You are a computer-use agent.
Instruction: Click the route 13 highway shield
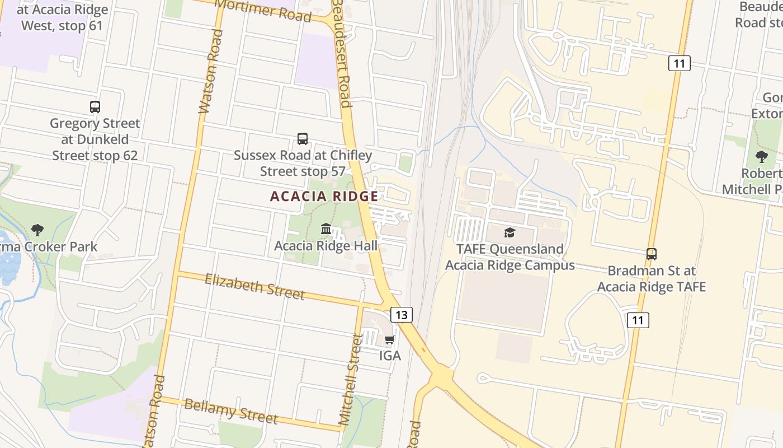(x=402, y=315)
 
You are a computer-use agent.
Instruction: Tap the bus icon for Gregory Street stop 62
(x=95, y=106)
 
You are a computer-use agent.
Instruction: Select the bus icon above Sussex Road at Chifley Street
(x=303, y=138)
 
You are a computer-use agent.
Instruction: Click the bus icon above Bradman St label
(x=652, y=254)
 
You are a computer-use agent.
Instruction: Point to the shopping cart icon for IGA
(x=390, y=339)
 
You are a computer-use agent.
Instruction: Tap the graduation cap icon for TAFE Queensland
(x=510, y=232)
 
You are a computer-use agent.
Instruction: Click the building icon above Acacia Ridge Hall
(x=326, y=228)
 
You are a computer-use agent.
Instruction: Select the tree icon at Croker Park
(x=37, y=229)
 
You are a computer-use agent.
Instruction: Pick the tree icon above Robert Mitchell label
(x=761, y=156)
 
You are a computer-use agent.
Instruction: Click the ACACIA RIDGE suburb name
(x=324, y=197)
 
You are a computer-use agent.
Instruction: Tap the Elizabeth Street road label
(x=255, y=286)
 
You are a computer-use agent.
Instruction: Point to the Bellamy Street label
(x=230, y=411)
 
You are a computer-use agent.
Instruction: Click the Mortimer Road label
(x=263, y=11)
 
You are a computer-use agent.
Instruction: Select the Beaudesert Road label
(x=342, y=53)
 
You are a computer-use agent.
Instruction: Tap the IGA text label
(x=390, y=356)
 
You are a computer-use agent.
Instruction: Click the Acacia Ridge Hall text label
(x=326, y=245)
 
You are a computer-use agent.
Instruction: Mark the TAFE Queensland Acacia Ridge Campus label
(x=510, y=257)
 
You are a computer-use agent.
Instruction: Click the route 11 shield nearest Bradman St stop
(x=638, y=320)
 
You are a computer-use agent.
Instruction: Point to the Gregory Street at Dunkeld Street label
(x=95, y=139)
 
